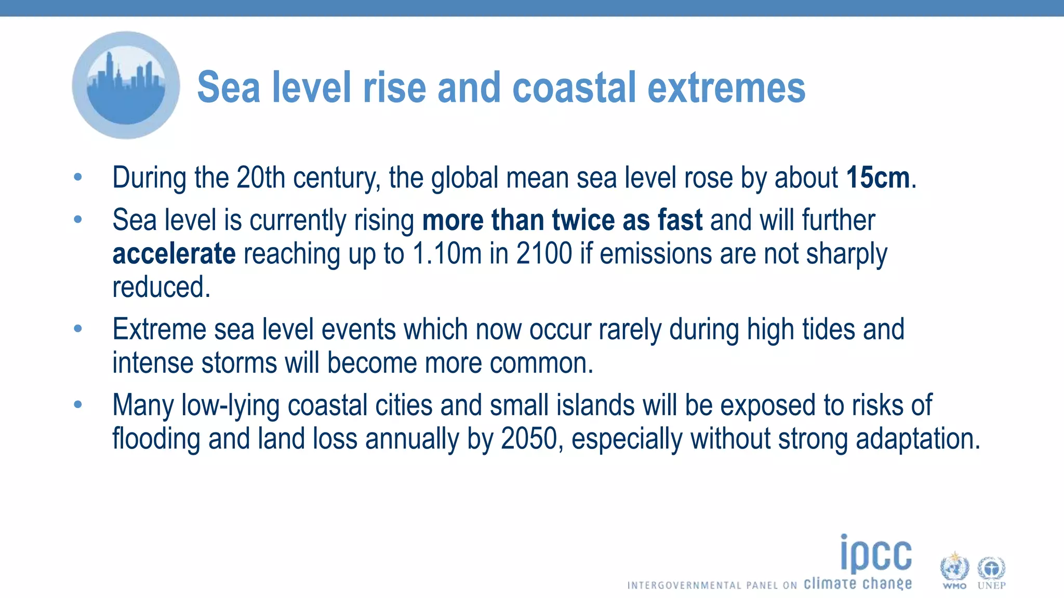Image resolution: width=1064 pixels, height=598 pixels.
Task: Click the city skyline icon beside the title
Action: click(x=126, y=86)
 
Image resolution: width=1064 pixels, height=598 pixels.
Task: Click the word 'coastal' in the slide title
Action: click(x=574, y=88)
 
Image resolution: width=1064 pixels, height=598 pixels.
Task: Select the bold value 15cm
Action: click(x=878, y=178)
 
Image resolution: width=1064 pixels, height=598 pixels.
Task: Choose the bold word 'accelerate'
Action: click(x=174, y=254)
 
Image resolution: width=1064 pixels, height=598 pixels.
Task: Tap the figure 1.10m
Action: click(x=447, y=254)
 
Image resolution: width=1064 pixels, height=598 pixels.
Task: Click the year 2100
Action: click(x=544, y=254)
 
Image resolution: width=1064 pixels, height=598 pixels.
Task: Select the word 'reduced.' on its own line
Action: click(x=162, y=288)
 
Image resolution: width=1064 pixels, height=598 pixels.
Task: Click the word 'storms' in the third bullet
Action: click(x=239, y=363)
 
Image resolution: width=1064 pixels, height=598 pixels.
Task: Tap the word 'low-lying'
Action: click(x=230, y=405)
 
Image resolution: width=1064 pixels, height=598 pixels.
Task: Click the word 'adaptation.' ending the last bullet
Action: click(x=917, y=439)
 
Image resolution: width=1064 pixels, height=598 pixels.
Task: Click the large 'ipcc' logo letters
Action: click(x=876, y=554)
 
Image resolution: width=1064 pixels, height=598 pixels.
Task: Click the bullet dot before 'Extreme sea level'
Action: click(x=78, y=329)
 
